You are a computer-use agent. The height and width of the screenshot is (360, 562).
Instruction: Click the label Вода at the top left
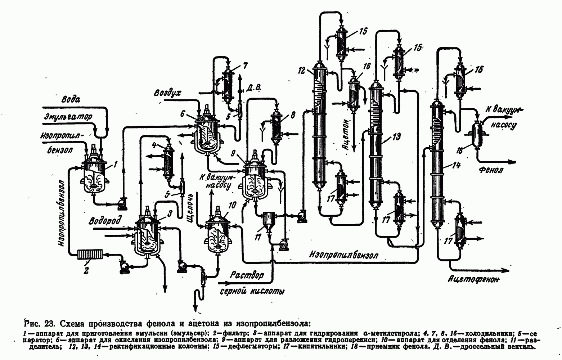click(71, 99)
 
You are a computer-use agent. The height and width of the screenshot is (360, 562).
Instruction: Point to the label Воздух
click(167, 93)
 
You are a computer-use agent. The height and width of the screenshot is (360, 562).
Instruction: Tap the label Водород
click(105, 221)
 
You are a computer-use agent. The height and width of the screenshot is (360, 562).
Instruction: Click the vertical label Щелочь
click(190, 212)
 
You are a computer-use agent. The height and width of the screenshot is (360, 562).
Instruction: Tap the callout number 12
click(302, 71)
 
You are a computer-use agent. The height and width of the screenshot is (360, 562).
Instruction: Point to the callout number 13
click(397, 137)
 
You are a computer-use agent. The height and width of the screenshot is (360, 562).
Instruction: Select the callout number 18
click(460, 151)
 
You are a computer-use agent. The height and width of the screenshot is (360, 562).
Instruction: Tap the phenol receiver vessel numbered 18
click(477, 135)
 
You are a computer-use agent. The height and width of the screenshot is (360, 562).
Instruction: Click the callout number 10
click(232, 205)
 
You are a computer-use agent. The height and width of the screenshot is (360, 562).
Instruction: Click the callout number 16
click(367, 66)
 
